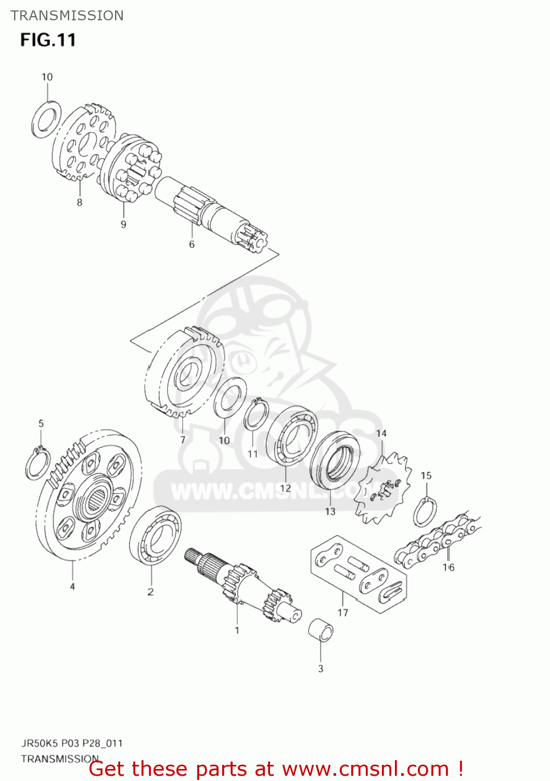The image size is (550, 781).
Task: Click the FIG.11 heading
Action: (x=48, y=40)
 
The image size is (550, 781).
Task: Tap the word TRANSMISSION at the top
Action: (x=67, y=16)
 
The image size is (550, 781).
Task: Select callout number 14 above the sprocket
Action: (x=381, y=433)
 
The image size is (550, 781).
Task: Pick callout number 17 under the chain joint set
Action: (x=342, y=612)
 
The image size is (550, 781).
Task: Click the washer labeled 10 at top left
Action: (x=46, y=117)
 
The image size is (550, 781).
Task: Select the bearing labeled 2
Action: (x=155, y=536)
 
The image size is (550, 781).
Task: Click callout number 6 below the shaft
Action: (x=191, y=244)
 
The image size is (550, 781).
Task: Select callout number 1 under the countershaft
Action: (x=237, y=630)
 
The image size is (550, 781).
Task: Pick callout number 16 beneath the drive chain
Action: (x=449, y=567)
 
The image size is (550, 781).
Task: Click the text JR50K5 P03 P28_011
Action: (x=72, y=743)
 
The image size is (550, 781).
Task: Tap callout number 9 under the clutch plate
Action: (x=123, y=224)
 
